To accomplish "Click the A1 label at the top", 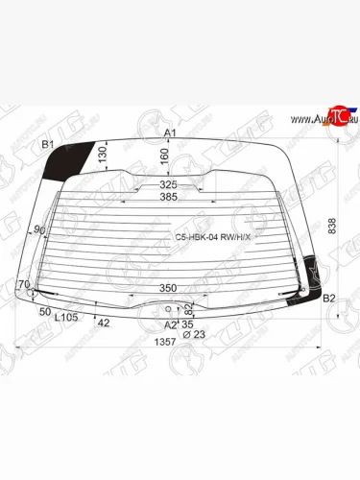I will (x=171, y=132).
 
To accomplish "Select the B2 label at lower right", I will (x=328, y=299).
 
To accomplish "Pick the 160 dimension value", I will (x=163, y=156).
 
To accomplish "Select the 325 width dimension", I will (x=168, y=183).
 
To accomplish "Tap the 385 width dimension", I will (x=168, y=198).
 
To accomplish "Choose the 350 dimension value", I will (x=167, y=288).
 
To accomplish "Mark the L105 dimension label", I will (x=66, y=317).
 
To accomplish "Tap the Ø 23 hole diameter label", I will (x=193, y=333).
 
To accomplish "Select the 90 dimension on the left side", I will (x=39, y=229).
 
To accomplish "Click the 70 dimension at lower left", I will (x=23, y=285).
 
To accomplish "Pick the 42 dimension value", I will (x=104, y=323).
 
